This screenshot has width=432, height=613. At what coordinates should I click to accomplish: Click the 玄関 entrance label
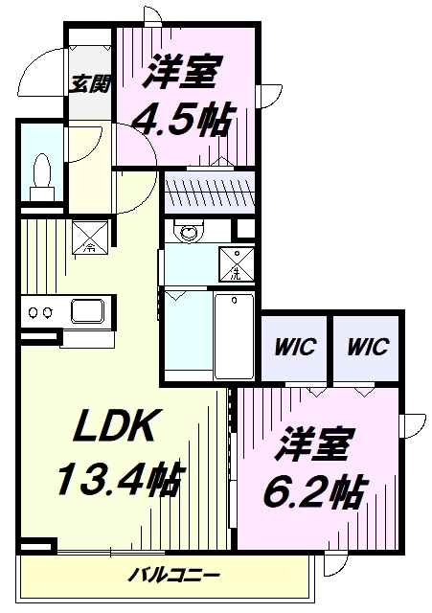(x=91, y=83)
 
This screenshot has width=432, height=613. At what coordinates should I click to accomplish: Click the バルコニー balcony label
(x=176, y=576)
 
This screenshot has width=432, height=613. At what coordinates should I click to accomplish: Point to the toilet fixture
(x=41, y=175)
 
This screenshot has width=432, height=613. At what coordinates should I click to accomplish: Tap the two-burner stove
(x=40, y=312)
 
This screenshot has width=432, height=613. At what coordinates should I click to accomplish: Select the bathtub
(x=234, y=335)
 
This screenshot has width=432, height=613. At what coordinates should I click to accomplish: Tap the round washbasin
(x=187, y=231)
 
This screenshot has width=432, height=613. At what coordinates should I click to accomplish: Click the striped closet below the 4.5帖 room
(x=210, y=194)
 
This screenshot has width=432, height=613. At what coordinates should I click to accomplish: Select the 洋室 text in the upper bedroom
(x=186, y=72)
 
